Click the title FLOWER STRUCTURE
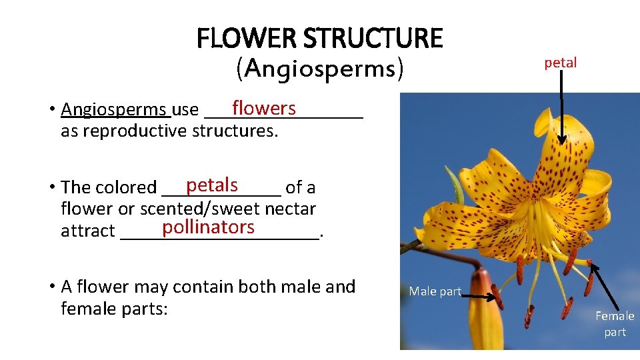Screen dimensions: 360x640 click(x=319, y=39)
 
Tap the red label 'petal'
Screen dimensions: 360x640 click(x=560, y=63)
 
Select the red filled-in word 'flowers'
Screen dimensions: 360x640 click(x=263, y=108)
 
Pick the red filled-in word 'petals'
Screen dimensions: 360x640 click(x=212, y=184)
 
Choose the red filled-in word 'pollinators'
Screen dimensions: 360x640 click(x=208, y=227)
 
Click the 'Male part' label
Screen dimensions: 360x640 click(x=435, y=291)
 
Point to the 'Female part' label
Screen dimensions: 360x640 click(x=615, y=323)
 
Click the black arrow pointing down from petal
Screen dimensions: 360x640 click(x=562, y=107)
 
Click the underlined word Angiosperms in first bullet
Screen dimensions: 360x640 click(x=113, y=109)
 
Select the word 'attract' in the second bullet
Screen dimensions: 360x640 click(x=87, y=231)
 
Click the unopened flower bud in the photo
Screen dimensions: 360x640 click(x=485, y=313)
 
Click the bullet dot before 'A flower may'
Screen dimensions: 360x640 click(x=51, y=287)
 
